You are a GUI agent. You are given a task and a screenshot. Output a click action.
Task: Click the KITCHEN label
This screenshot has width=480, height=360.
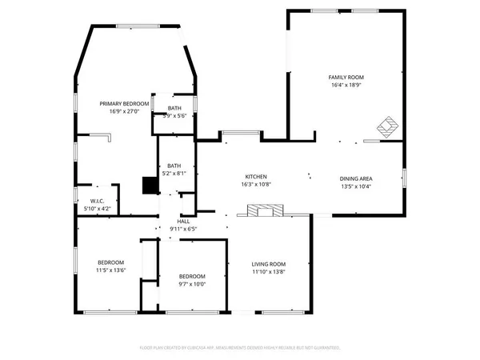255,176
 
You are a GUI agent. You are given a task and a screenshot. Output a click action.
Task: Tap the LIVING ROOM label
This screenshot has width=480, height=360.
269,264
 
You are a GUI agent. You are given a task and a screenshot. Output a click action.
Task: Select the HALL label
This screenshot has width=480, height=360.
183,221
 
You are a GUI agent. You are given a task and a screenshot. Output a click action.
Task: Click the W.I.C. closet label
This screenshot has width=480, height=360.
98,201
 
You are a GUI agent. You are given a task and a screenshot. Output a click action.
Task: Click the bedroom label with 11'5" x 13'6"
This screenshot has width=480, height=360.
110,262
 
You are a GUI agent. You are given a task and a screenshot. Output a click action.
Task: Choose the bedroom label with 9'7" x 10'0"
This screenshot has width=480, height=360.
192,276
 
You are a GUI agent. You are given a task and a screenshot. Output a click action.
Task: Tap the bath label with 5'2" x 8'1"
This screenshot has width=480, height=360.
174,166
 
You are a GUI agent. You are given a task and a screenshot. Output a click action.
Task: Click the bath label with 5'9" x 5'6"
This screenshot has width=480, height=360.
174,107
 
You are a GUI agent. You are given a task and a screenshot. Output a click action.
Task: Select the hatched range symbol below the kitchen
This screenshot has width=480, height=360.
261,211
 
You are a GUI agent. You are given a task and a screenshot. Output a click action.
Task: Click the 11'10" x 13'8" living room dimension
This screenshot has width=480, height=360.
269,273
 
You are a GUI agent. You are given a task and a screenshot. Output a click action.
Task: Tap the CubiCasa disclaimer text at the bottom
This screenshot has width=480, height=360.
240,348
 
